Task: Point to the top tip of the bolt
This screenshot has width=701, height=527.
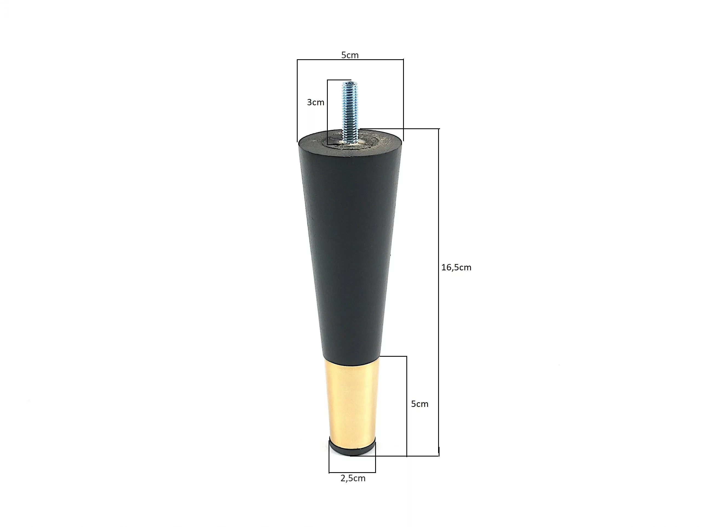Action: click(x=350, y=82)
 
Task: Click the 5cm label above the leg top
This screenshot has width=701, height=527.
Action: click(x=350, y=55)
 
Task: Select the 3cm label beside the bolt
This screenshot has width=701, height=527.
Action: click(x=316, y=102)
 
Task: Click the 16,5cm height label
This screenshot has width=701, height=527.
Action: click(x=456, y=267)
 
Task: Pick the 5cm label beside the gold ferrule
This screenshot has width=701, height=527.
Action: click(x=420, y=404)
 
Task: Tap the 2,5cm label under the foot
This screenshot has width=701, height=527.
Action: click(x=353, y=478)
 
